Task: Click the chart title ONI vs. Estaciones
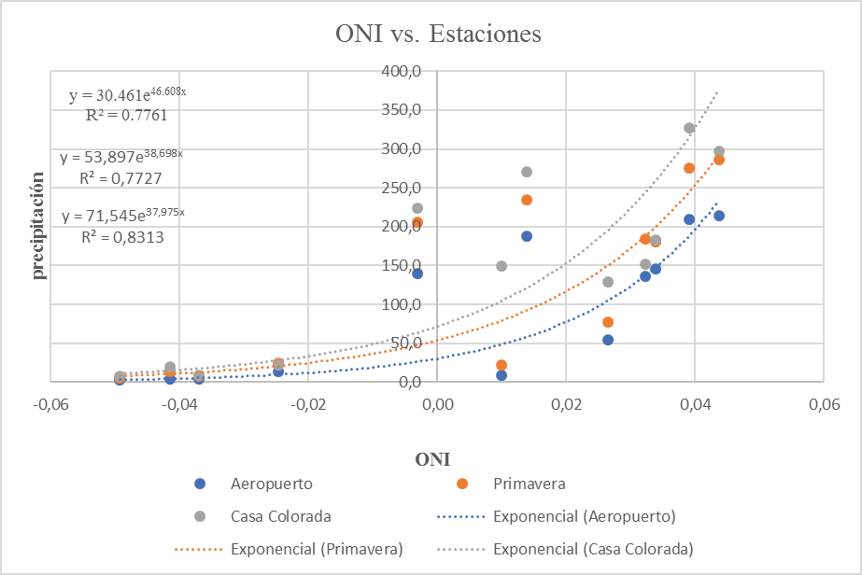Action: pos(438,35)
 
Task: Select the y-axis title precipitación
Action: pos(40,224)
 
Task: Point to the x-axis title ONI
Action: pos(433,459)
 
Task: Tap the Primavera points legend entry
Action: pos(529,484)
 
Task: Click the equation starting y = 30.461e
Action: pos(127,95)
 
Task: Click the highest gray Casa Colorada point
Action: pos(689,128)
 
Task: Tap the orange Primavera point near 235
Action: pos(527,200)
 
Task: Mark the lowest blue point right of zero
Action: pos(502,375)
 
